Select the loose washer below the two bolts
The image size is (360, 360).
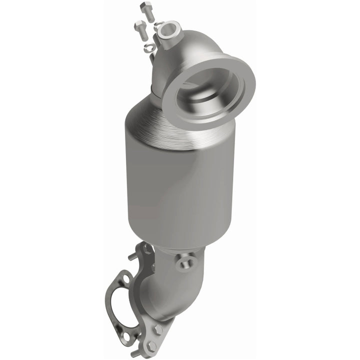[x=149, y=48]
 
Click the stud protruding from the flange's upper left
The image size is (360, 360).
[x=132, y=256]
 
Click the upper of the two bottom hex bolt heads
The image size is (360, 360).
[x=159, y=329]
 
